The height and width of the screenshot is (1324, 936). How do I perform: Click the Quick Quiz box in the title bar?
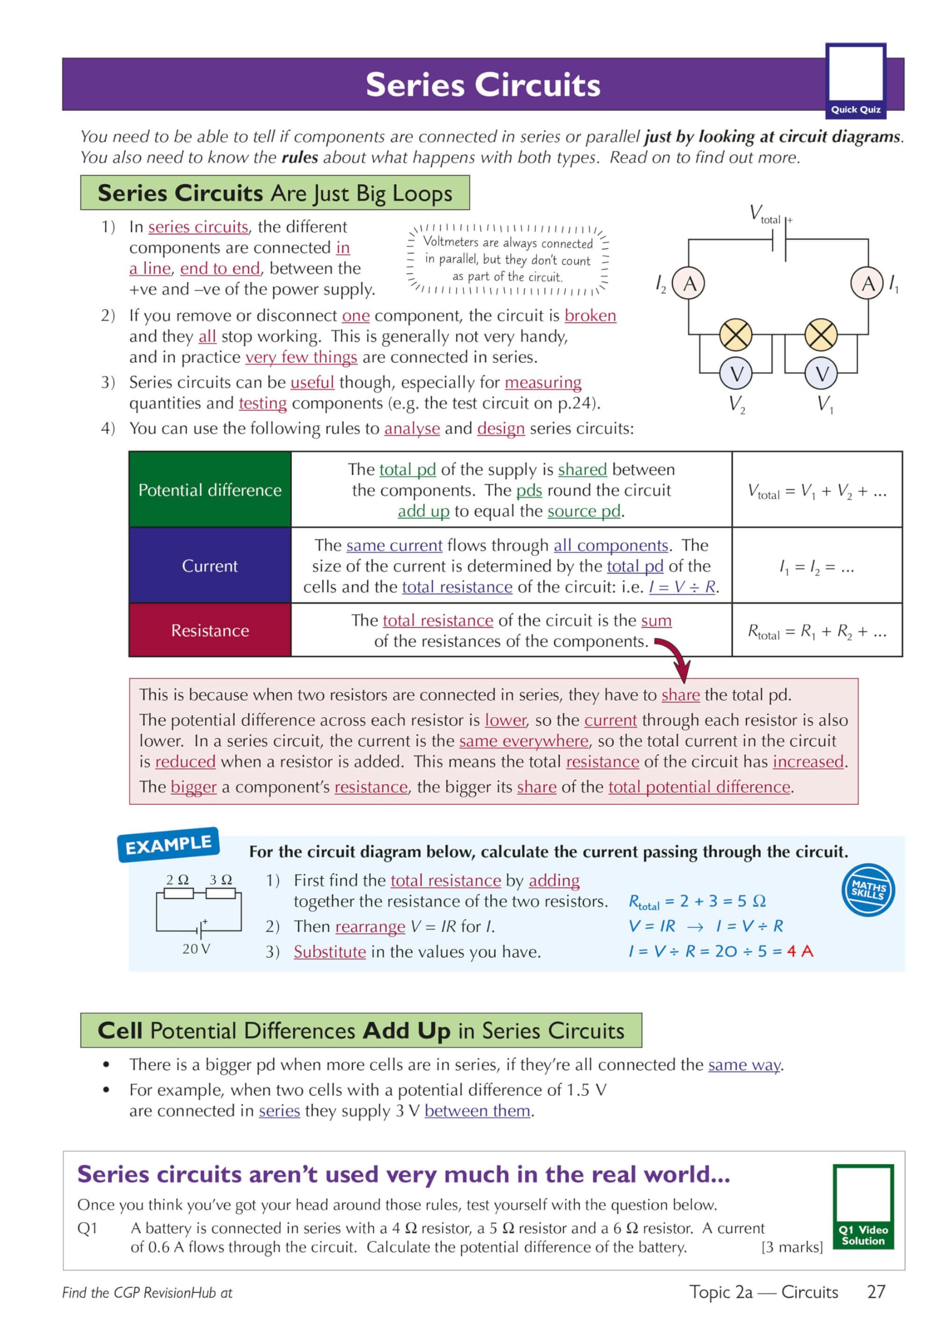pyautogui.click(x=855, y=81)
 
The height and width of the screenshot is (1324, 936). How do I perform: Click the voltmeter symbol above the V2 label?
pyautogui.click(x=736, y=374)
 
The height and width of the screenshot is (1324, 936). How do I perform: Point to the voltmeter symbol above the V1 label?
pyautogui.click(x=821, y=374)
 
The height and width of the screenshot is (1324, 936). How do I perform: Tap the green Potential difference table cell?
pyautogui.click(x=210, y=490)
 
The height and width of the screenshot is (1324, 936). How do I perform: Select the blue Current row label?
pyautogui.click(x=210, y=566)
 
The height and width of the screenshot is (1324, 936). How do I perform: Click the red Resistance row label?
pyautogui.click(x=210, y=630)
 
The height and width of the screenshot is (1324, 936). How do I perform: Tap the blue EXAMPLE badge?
pyautogui.click(x=168, y=845)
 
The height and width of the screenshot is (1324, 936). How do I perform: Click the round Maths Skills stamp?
pyautogui.click(x=868, y=890)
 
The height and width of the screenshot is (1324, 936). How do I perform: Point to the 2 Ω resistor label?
pyautogui.click(x=177, y=880)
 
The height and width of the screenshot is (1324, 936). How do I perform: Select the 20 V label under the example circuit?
pyautogui.click(x=196, y=949)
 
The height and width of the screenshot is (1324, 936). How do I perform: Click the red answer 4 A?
pyautogui.click(x=800, y=951)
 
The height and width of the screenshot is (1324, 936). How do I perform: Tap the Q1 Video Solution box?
pyautogui.click(x=863, y=1207)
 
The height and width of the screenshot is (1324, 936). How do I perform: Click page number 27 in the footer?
pyautogui.click(x=876, y=1292)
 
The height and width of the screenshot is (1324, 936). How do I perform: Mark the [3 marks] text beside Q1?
pyautogui.click(x=792, y=1247)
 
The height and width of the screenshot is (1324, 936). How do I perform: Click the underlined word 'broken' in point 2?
pyautogui.click(x=590, y=315)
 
